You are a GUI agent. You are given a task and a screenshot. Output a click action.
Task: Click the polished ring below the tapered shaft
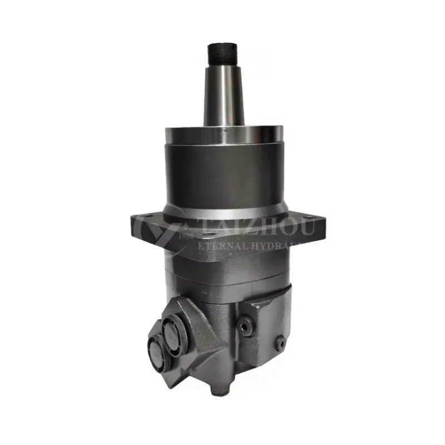(x=222, y=136)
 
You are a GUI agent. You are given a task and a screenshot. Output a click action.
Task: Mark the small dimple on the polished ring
(x=221, y=131)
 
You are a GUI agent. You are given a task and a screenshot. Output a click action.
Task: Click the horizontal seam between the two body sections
(x=222, y=278)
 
